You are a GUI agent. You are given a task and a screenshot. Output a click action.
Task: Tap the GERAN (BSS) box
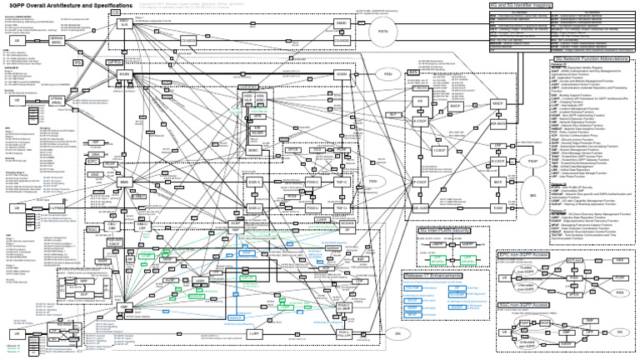pyautogui.click(x=57, y=42)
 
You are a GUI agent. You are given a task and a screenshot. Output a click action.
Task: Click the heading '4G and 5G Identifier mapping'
pyautogui.click(x=527, y=7)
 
